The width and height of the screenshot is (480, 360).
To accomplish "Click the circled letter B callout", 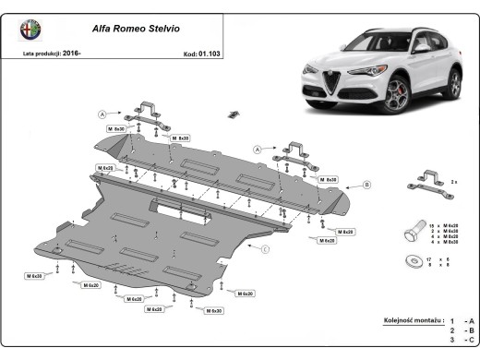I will point(366,186).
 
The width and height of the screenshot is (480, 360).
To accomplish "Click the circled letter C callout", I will point(264,250).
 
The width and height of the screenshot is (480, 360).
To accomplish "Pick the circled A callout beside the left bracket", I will point(102,114).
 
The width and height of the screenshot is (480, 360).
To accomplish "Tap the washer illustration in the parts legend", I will point(413,261).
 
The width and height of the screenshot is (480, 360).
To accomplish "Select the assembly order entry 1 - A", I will point(461,320).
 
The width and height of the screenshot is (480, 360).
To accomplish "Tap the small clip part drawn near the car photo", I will point(234,114).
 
